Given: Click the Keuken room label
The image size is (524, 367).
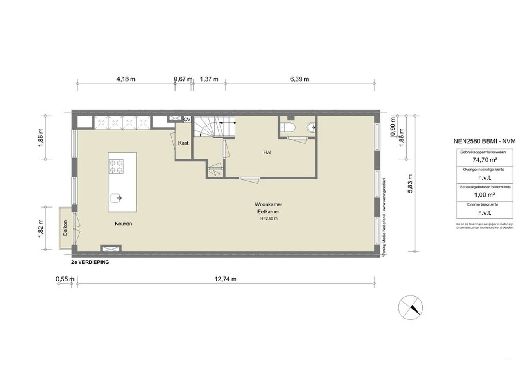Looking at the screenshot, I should tap(123, 224).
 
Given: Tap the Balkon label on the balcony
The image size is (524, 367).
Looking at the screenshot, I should tap(65, 228).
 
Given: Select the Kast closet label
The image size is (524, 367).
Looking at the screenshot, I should tap(183, 143).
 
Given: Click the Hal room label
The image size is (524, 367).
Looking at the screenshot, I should tap(267, 152).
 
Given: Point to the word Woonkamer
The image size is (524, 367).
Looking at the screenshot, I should tap(268, 204).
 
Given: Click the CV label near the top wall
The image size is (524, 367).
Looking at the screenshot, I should tap(187, 119).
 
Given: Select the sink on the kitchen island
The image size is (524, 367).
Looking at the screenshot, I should tap(116, 198).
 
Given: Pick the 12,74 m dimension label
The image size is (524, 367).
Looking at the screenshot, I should tap(226, 279).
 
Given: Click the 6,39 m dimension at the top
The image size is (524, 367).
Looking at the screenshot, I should tap(299, 79).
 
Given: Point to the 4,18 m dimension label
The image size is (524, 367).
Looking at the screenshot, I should tap(126, 79).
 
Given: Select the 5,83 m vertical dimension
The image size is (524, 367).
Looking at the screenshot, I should tap(411, 183).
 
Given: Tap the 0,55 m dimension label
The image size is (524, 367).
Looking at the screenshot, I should tap(65, 279).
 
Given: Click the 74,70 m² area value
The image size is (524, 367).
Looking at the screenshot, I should tap(486, 161).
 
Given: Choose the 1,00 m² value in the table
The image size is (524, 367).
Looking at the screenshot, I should tap(486, 195).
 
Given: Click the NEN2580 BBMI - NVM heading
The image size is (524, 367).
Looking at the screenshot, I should tap(484, 141).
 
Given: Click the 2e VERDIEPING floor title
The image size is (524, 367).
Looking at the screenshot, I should tap(90, 263).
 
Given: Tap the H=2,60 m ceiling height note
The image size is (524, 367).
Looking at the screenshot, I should tap(269, 218).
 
